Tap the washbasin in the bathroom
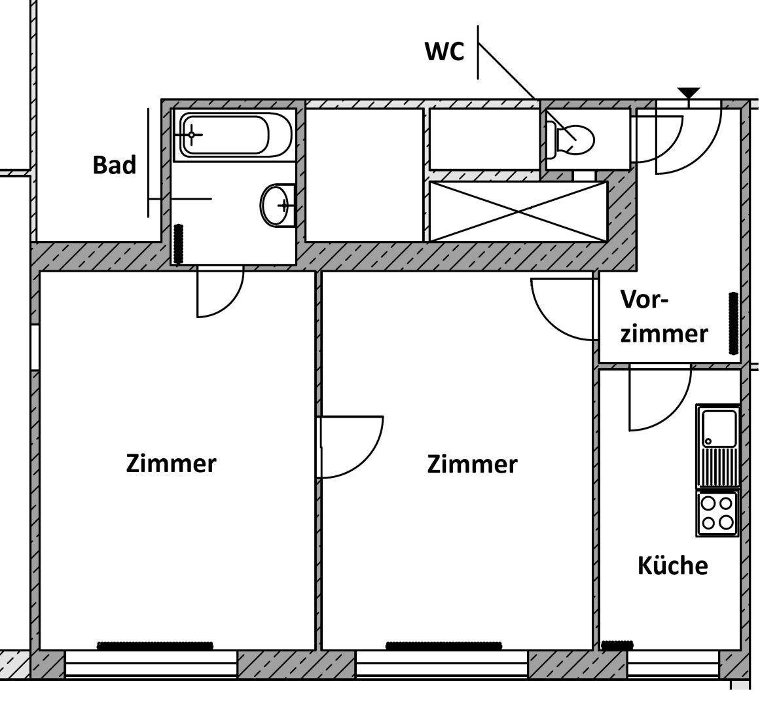[x=278, y=206]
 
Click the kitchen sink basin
[x=718, y=427]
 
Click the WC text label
[x=444, y=52]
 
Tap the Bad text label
[x=114, y=165]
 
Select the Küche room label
[x=672, y=566]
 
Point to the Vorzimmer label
[x=663, y=317]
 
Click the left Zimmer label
[x=170, y=463]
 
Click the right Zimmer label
[x=471, y=464]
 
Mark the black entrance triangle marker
[x=688, y=92]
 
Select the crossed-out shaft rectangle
[x=518, y=211]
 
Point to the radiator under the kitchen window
[x=617, y=645]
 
